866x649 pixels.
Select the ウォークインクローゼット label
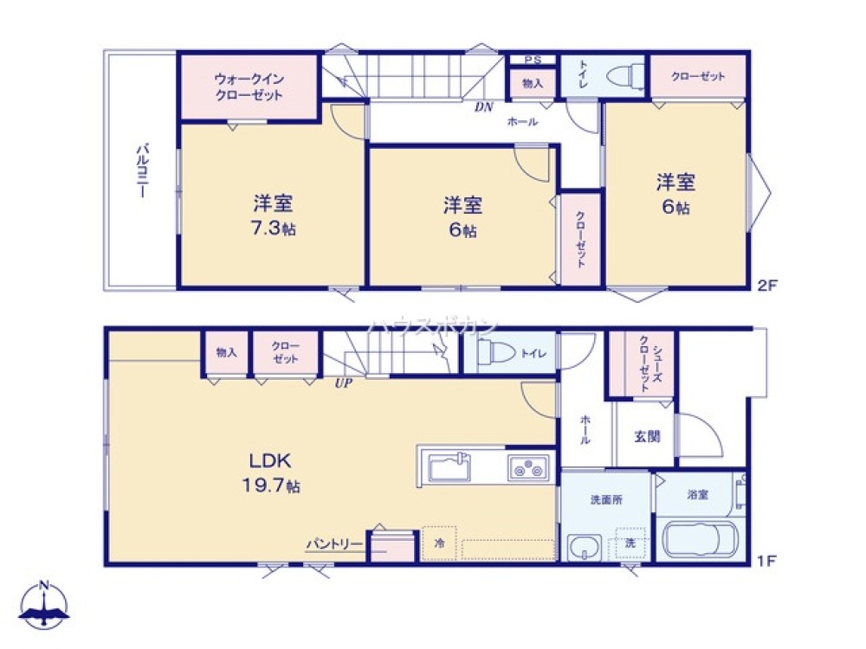pos(249,87)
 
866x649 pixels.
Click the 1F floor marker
pos(766,560)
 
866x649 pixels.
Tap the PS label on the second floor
pos(532,60)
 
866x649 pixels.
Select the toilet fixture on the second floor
pos(624,77)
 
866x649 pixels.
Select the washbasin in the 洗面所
pos(586,547)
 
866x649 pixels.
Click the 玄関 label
pos(646,436)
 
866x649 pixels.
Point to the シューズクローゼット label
pos(646,363)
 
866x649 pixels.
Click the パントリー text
pos(333,543)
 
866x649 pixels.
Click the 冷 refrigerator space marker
pos(439,544)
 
